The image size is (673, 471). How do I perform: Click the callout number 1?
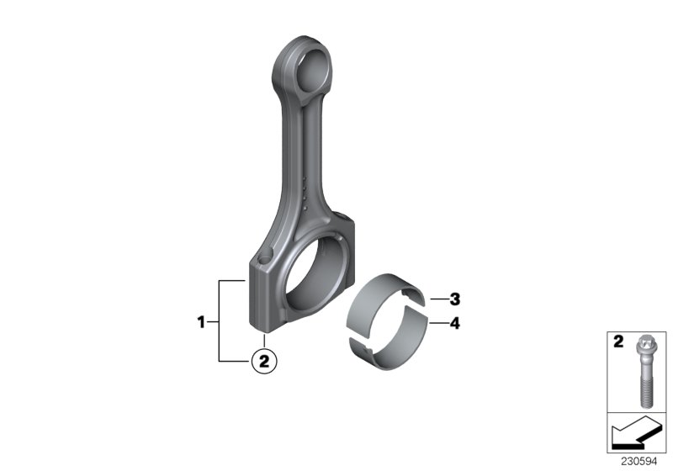(201, 320)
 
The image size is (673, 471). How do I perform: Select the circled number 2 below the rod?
(263, 361)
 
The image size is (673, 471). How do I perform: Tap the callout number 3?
(454, 299)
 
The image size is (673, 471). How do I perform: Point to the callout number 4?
(454, 321)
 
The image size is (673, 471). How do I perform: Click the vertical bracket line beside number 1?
(220, 320)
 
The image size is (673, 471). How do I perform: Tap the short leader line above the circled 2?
(263, 341)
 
